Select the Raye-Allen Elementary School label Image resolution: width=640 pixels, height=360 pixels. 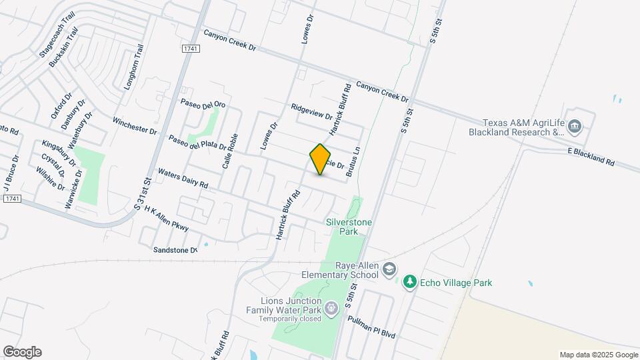[x=340, y=269]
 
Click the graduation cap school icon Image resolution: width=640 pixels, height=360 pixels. [x=390, y=270]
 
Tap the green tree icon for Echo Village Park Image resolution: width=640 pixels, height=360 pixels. [x=411, y=283]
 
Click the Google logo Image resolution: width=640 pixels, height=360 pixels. [x=22, y=352]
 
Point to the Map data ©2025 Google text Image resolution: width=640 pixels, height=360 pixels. [x=599, y=355]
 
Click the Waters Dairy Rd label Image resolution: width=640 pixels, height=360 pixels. [x=183, y=179]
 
